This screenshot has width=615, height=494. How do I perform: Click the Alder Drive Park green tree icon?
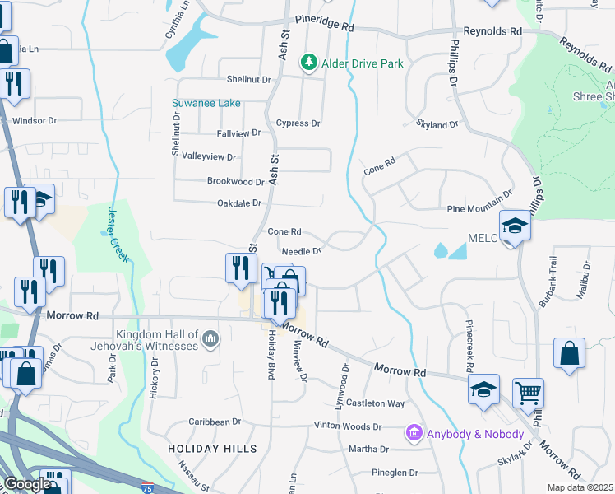(x=308, y=63)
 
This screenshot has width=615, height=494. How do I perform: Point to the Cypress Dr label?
(x=298, y=123)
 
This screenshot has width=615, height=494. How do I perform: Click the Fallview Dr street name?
(x=238, y=133)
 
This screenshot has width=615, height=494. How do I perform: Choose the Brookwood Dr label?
(x=236, y=181)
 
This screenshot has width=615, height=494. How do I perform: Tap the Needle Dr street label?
(x=300, y=251)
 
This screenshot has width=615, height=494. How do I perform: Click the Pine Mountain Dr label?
(x=479, y=209)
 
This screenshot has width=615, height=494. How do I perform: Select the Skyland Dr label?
(x=437, y=123)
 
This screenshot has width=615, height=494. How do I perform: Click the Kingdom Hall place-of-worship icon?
(x=211, y=338)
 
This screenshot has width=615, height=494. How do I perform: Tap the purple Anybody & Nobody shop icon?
(x=414, y=433)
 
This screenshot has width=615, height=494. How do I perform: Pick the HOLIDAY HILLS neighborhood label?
(x=212, y=449)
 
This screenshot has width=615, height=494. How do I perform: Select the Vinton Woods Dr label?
(x=348, y=426)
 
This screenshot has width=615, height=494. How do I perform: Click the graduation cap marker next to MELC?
(x=514, y=225)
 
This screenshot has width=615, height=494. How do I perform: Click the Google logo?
(x=26, y=485)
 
